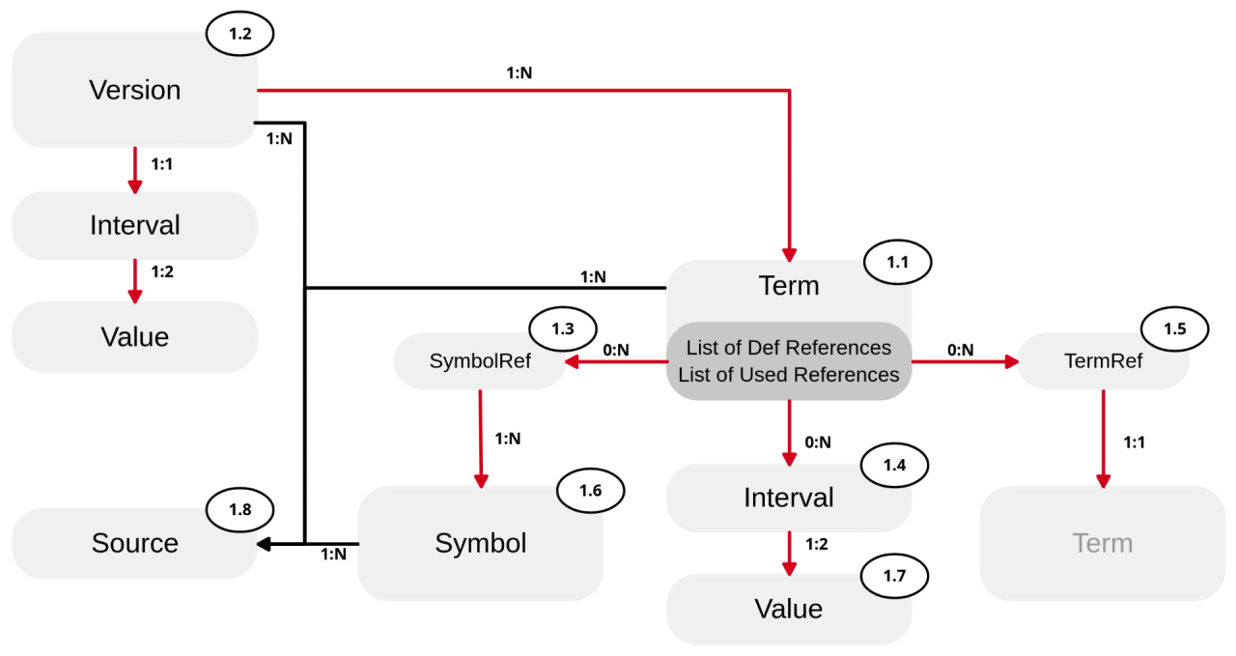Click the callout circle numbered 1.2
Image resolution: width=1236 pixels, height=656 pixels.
click(x=239, y=34)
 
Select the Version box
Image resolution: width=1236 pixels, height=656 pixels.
click(x=134, y=90)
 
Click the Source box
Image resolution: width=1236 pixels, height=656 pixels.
click(x=134, y=543)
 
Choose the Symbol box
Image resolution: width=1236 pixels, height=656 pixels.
click(x=480, y=543)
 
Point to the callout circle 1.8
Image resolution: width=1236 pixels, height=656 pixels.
click(x=239, y=509)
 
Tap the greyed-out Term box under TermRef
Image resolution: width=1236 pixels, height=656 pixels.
click(x=1102, y=543)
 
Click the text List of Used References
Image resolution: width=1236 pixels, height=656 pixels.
click(x=789, y=374)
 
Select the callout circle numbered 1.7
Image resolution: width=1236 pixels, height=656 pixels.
click(x=894, y=576)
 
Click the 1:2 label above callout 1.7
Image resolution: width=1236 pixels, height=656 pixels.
click(x=816, y=544)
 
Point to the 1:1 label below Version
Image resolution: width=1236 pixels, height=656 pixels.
click(x=163, y=164)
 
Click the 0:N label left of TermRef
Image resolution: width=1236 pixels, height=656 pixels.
click(x=960, y=350)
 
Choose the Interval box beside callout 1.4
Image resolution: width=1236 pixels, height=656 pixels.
click(x=788, y=498)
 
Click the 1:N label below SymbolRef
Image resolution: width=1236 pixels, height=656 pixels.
click(x=508, y=438)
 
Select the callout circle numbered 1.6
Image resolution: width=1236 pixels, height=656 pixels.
click(x=590, y=490)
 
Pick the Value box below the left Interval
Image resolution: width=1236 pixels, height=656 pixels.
click(x=134, y=336)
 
